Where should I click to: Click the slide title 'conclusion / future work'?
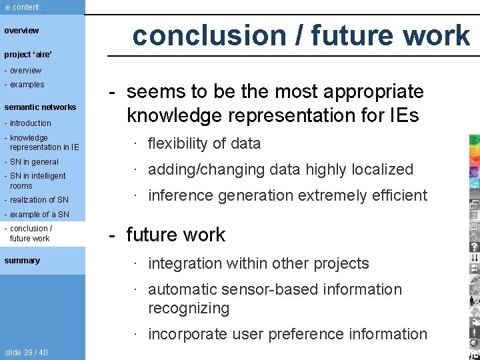coord(301,35)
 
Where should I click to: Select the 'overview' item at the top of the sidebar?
coord(21,31)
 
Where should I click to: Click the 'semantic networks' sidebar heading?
coord(40,107)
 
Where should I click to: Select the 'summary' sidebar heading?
coord(22,261)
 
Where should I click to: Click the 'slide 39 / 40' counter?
coord(26,353)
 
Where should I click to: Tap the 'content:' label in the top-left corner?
coord(25,7)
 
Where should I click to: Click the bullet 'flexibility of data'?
coord(204,143)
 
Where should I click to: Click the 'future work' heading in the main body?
coord(176,235)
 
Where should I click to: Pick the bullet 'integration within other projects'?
coord(258,263)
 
